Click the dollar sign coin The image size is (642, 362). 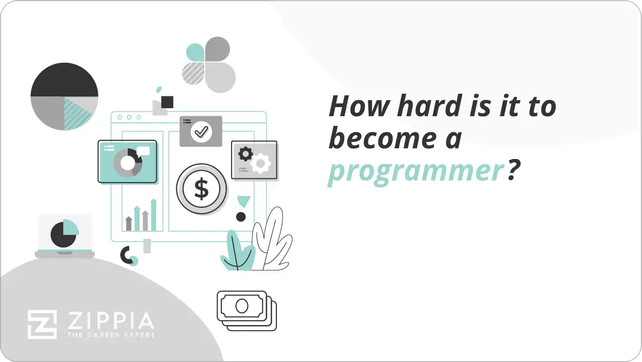202,189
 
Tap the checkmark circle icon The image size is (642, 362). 201,131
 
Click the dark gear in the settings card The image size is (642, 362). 245,154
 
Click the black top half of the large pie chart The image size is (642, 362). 64,80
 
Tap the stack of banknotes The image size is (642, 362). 246,310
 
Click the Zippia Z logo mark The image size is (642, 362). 42,325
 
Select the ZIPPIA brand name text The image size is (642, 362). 110,321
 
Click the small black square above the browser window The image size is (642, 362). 167,102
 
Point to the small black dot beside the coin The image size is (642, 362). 241,217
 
